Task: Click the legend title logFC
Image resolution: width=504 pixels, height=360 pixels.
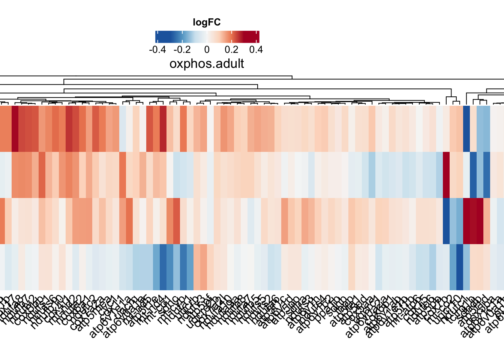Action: coord(207,22)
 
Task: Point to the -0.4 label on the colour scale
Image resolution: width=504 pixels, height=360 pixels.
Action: coord(157,49)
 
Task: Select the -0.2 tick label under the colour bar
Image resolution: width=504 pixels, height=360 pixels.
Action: coord(182,49)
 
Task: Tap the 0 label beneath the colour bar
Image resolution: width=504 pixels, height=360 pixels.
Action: coord(207,49)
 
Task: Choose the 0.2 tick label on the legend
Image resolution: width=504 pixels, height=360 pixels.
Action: coord(231,49)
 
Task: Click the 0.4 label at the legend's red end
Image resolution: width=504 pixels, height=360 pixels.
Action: coord(256,49)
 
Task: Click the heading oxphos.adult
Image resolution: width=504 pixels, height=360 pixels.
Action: coord(207,64)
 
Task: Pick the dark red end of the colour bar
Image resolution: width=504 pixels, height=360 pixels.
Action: coord(257,37)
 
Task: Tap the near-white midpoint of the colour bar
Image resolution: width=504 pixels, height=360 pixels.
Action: coord(207,37)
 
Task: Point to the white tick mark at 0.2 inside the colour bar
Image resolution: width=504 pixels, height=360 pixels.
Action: coord(232,37)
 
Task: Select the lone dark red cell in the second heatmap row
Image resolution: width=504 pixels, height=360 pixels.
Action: coord(446,175)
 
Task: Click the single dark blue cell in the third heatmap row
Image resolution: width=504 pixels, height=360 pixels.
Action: coord(446,221)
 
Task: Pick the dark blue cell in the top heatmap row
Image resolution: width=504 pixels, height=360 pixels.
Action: coord(466,129)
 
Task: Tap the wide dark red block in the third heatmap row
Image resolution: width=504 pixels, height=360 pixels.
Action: coord(473,221)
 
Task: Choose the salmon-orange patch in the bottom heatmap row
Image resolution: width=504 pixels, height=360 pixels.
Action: coord(200,267)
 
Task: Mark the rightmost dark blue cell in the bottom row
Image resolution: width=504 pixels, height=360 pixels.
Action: coord(460,267)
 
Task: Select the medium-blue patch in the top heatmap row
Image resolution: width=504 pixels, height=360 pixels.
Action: coord(483,129)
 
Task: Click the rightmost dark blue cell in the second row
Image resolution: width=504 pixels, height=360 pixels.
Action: coord(487,175)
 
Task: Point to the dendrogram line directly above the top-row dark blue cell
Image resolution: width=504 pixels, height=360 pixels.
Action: coord(466,98)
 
